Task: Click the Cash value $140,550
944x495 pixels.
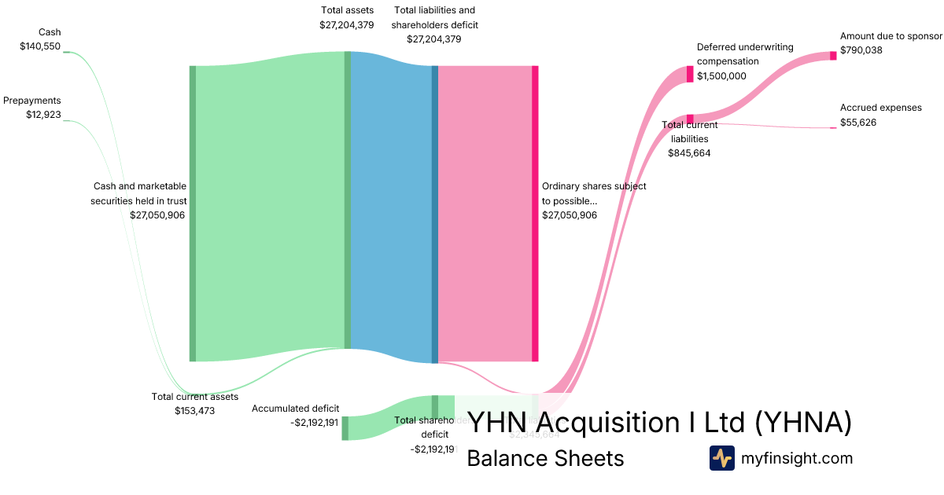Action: [x=40, y=46]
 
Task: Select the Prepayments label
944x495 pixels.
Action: [x=32, y=101]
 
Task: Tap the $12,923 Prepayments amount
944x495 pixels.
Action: [x=43, y=115]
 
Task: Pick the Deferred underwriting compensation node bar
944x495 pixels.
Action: [x=690, y=74]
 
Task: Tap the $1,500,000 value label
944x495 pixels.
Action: [x=721, y=76]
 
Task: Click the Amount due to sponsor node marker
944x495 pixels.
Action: [x=833, y=55]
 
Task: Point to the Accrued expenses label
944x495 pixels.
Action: [x=880, y=108]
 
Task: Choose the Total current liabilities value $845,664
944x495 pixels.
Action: [x=689, y=153]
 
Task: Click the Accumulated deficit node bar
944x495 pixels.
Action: [x=345, y=428]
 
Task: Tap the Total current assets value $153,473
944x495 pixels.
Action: [x=194, y=411]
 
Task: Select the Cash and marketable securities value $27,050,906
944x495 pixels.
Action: [x=157, y=214]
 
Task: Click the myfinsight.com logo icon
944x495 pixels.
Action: [x=721, y=458]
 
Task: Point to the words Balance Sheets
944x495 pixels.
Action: [x=545, y=458]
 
